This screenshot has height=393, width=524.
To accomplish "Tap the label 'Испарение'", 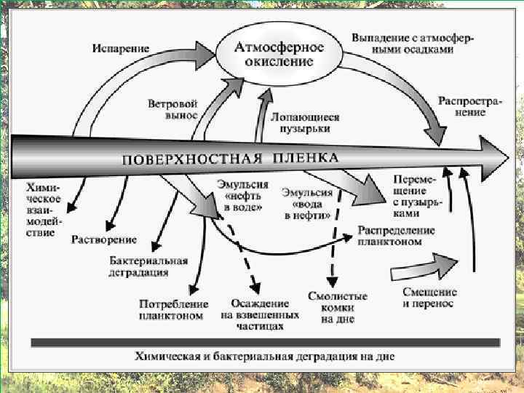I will (120, 48).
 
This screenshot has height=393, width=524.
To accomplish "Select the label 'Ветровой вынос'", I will (172, 109).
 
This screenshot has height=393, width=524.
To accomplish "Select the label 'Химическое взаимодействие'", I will (44, 210).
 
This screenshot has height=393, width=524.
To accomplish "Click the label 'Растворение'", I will (104, 239).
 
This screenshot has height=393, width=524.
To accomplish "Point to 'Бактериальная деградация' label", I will (148, 266).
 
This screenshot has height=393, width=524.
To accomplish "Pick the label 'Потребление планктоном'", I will (173, 310).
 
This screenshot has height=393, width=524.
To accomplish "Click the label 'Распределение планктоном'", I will (396, 236).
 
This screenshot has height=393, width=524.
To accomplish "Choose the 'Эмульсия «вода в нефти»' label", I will (306, 205).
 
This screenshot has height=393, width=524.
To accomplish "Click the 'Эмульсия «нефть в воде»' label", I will (242, 196).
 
